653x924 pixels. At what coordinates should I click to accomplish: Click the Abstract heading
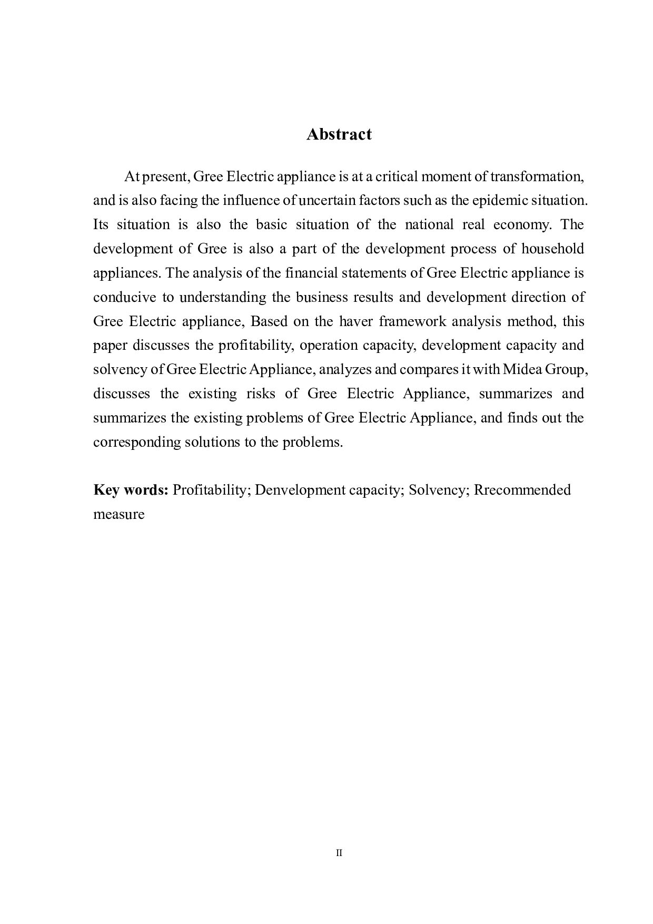coord(339,134)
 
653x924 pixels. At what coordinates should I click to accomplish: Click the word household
coord(552,249)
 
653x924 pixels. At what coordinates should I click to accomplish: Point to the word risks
coord(261,394)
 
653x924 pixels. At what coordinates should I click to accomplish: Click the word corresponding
coord(137,442)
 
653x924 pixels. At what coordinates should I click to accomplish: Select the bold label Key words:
coord(131,490)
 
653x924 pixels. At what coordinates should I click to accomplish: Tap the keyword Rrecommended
coord(522,490)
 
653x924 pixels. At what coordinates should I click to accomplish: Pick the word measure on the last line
coord(118,514)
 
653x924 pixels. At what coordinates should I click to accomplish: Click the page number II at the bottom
coord(339,853)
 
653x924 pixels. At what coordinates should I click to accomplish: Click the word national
coord(429,225)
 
